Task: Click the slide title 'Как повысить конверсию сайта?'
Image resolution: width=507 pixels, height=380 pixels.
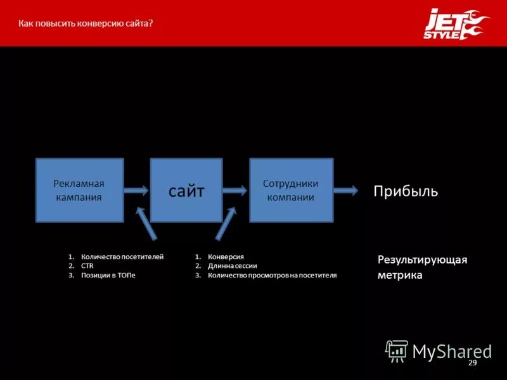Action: (86, 23)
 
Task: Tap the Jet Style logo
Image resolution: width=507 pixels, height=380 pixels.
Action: (456, 25)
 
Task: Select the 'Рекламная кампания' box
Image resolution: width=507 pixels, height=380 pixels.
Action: (79, 190)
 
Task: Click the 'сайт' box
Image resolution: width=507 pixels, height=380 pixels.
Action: (186, 190)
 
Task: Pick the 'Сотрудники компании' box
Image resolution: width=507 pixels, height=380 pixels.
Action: (291, 190)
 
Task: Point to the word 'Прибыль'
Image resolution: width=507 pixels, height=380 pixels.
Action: (406, 191)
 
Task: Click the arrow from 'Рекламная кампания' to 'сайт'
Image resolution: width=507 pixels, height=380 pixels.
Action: (136, 189)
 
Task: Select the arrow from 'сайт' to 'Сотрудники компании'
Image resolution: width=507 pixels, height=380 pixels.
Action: (235, 189)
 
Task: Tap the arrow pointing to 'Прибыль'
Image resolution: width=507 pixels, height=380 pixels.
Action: (346, 189)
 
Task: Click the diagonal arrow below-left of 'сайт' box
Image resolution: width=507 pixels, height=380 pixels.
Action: (146, 224)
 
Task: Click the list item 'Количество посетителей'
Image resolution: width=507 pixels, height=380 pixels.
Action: (122, 256)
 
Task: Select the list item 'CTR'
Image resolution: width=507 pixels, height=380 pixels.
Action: (87, 266)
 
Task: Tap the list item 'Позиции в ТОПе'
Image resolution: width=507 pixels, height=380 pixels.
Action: (108, 275)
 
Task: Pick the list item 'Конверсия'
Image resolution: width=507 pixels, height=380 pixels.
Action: (226, 256)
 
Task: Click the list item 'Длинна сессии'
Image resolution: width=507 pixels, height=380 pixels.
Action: (232, 266)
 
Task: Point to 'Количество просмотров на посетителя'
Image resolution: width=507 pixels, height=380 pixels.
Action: (273, 275)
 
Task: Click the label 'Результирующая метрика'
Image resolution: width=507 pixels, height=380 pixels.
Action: (422, 268)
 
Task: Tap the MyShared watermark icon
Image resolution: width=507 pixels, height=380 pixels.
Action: (397, 350)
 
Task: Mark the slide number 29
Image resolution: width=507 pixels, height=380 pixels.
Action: (472, 362)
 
